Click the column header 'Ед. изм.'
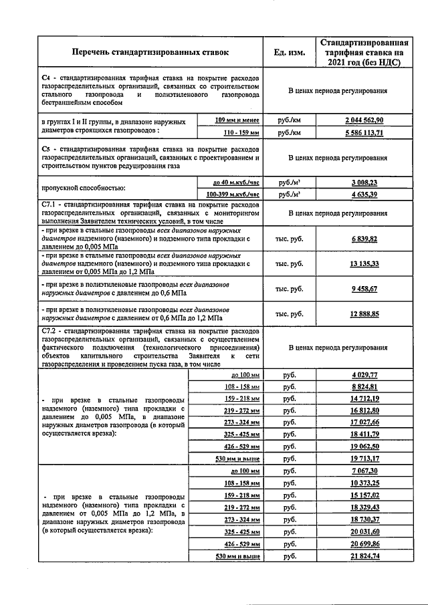(x=290, y=52)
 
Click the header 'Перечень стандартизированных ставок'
(x=150, y=51)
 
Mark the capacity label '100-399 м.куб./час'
(x=233, y=195)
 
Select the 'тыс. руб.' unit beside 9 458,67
(x=290, y=289)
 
